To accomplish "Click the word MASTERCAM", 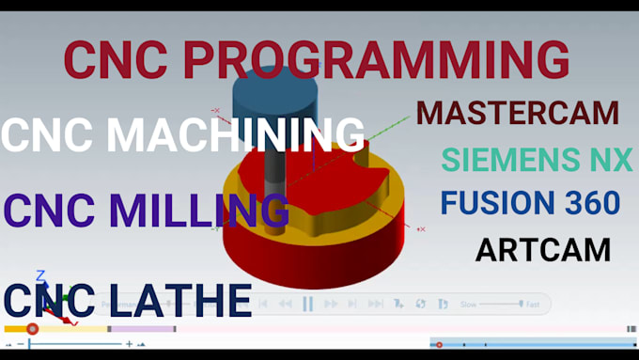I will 518,113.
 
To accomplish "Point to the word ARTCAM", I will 543,250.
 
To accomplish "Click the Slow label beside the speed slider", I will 468,305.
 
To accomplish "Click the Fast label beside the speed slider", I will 533,305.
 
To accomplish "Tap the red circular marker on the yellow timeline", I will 33,329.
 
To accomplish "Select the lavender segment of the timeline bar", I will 143,329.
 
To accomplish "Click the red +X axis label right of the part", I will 421,229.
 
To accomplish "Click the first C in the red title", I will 83,59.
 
